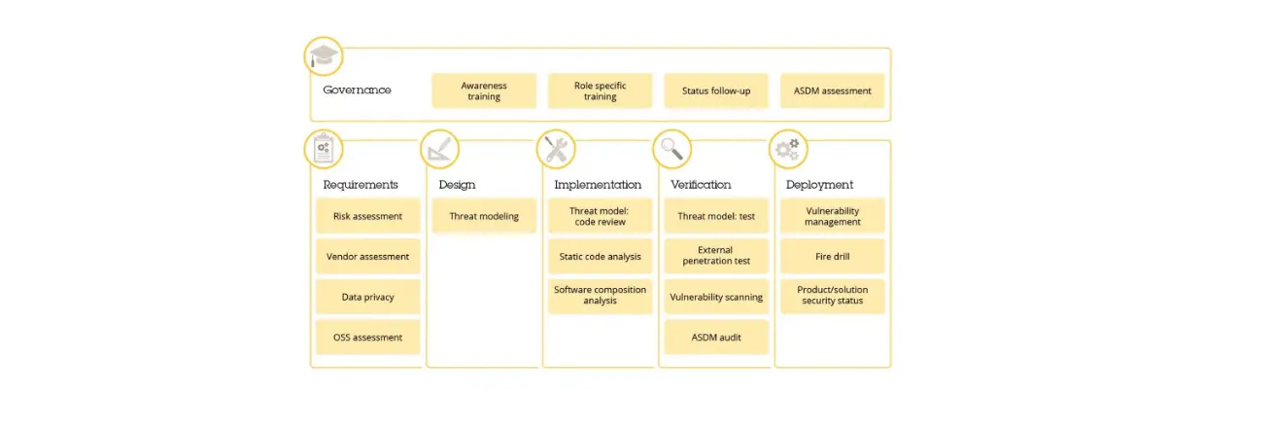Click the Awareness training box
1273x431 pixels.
pyautogui.click(x=483, y=90)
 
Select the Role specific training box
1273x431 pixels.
pyautogui.click(x=600, y=90)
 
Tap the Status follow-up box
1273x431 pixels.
pyautogui.click(x=715, y=90)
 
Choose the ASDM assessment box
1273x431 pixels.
pyautogui.click(x=832, y=90)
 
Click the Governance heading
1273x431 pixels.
pyautogui.click(x=357, y=90)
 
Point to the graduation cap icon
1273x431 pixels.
pyautogui.click(x=323, y=55)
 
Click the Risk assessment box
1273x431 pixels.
pyautogui.click(x=367, y=216)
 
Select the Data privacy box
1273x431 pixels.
pyautogui.click(x=367, y=297)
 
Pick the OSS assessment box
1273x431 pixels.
pyautogui.click(x=367, y=337)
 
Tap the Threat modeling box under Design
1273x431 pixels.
pyautogui.click(x=483, y=216)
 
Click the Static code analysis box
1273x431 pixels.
pyautogui.click(x=600, y=256)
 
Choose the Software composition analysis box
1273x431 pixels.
pyautogui.click(x=600, y=296)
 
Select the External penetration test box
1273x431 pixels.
pyautogui.click(x=715, y=256)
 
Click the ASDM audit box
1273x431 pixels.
pyautogui.click(x=715, y=337)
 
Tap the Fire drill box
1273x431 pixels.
pyautogui.click(x=832, y=256)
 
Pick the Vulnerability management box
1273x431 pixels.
pyautogui.click(x=832, y=216)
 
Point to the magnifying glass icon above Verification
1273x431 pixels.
pyautogui.click(x=671, y=149)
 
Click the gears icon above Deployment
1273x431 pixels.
pyautogui.click(x=787, y=149)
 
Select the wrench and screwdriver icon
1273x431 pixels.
pyautogui.click(x=556, y=149)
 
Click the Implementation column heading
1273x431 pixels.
pyautogui.click(x=598, y=184)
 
